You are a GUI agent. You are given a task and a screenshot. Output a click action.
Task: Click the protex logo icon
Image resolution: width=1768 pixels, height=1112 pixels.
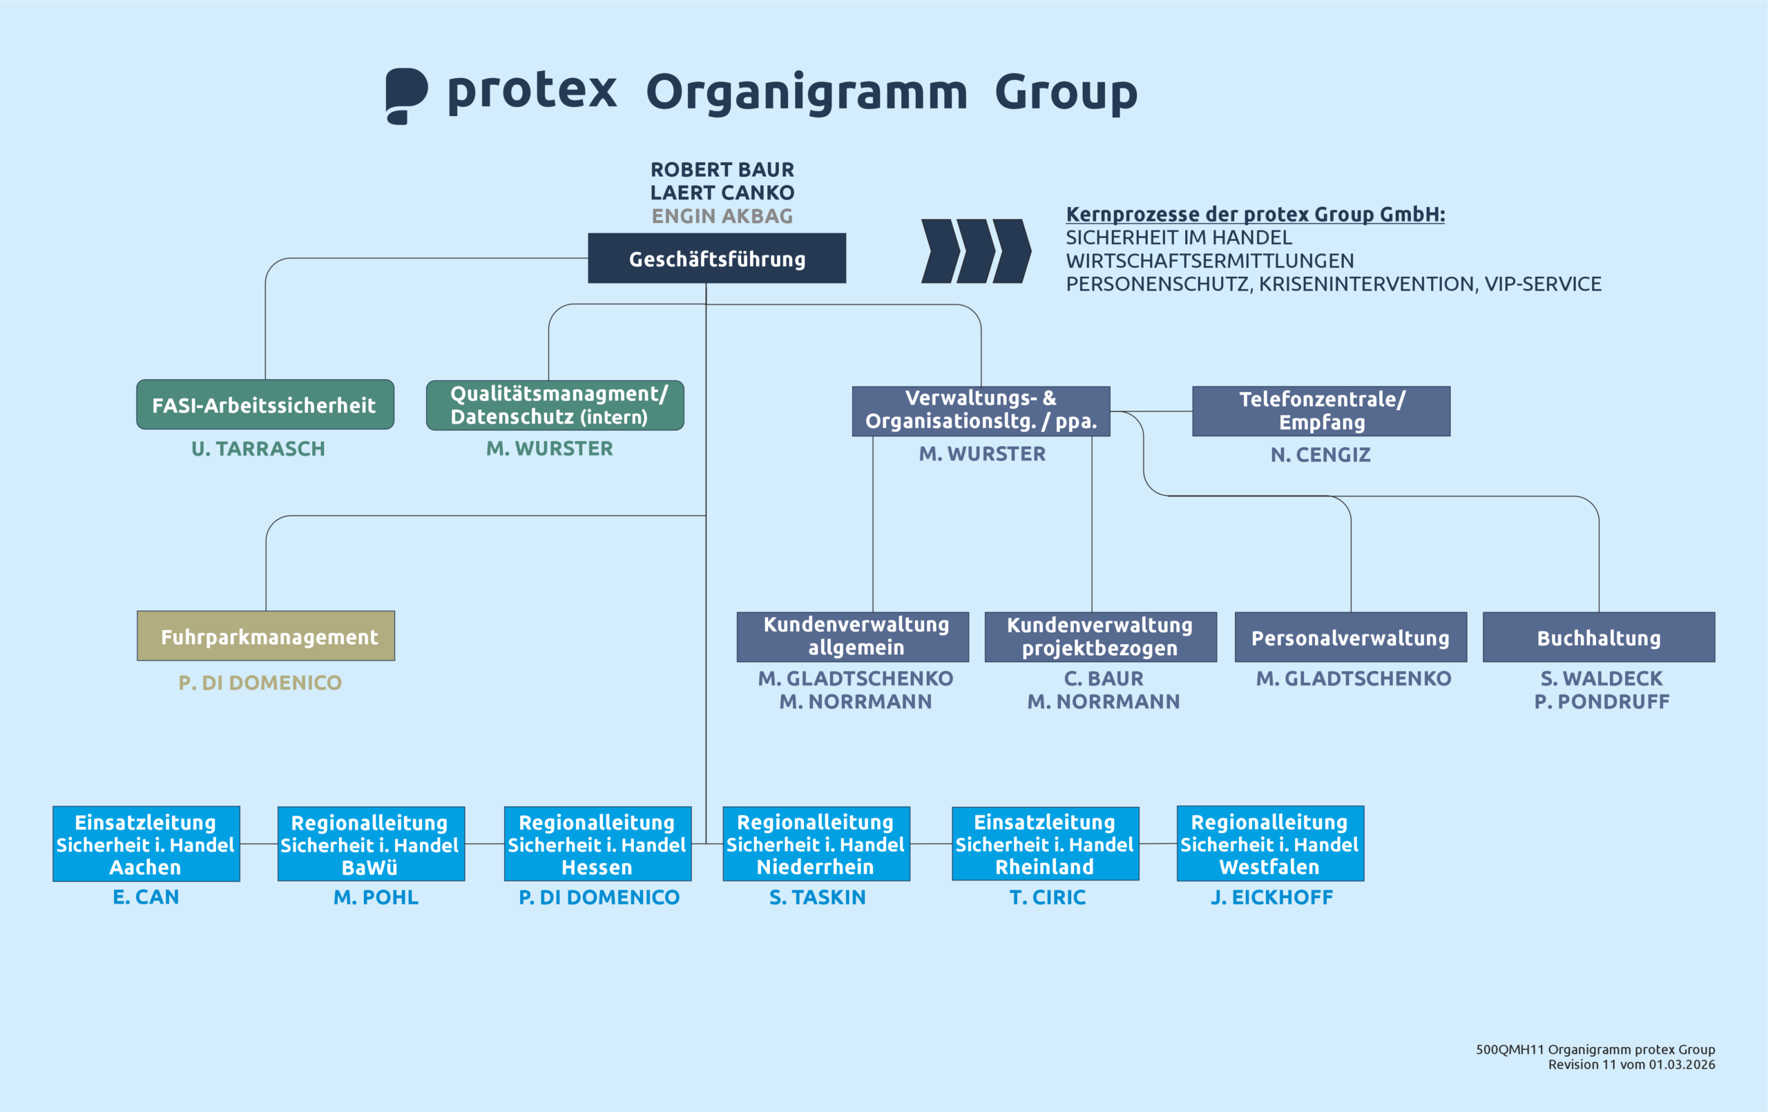tap(406, 95)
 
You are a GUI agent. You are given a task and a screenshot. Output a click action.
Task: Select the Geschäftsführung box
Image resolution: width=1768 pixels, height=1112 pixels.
tap(717, 258)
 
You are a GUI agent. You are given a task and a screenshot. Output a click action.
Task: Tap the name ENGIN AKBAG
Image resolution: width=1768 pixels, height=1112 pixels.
tap(722, 216)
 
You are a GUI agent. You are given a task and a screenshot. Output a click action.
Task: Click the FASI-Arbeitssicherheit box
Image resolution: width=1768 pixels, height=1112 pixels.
tap(265, 404)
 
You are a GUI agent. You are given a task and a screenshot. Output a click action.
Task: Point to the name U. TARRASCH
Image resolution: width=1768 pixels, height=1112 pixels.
tap(258, 449)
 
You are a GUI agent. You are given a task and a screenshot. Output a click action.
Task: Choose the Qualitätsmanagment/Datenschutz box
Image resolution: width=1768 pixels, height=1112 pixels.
tap(555, 405)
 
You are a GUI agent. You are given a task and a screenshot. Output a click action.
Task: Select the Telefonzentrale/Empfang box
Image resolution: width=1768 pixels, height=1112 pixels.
tap(1321, 411)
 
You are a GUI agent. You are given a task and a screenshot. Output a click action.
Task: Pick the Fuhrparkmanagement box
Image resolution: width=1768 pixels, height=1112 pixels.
tap(266, 636)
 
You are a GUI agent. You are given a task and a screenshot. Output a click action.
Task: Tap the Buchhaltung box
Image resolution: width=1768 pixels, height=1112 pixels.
tap(1598, 638)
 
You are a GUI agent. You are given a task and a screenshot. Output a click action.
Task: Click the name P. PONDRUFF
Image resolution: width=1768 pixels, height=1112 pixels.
tap(1602, 702)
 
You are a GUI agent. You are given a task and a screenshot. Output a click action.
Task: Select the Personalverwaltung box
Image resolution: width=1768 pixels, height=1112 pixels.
tap(1350, 638)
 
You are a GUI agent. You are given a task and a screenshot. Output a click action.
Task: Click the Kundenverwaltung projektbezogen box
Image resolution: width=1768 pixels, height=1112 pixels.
tap(1100, 637)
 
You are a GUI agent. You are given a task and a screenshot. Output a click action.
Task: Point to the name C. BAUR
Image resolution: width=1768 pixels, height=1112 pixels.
tap(1104, 679)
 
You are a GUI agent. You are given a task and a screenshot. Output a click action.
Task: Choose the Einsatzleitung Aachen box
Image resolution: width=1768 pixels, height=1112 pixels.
tap(146, 844)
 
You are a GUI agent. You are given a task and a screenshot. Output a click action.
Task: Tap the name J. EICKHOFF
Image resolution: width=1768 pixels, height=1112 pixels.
tap(1271, 897)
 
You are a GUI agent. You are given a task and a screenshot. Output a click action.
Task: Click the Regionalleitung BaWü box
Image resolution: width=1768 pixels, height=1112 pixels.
tap(371, 844)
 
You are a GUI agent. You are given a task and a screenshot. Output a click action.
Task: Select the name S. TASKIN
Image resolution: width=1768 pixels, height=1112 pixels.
tap(817, 897)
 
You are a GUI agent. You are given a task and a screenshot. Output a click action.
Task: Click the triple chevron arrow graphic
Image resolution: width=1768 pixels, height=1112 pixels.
tap(976, 251)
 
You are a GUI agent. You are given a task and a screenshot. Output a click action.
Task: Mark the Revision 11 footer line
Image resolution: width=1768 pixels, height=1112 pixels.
tap(1631, 1064)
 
